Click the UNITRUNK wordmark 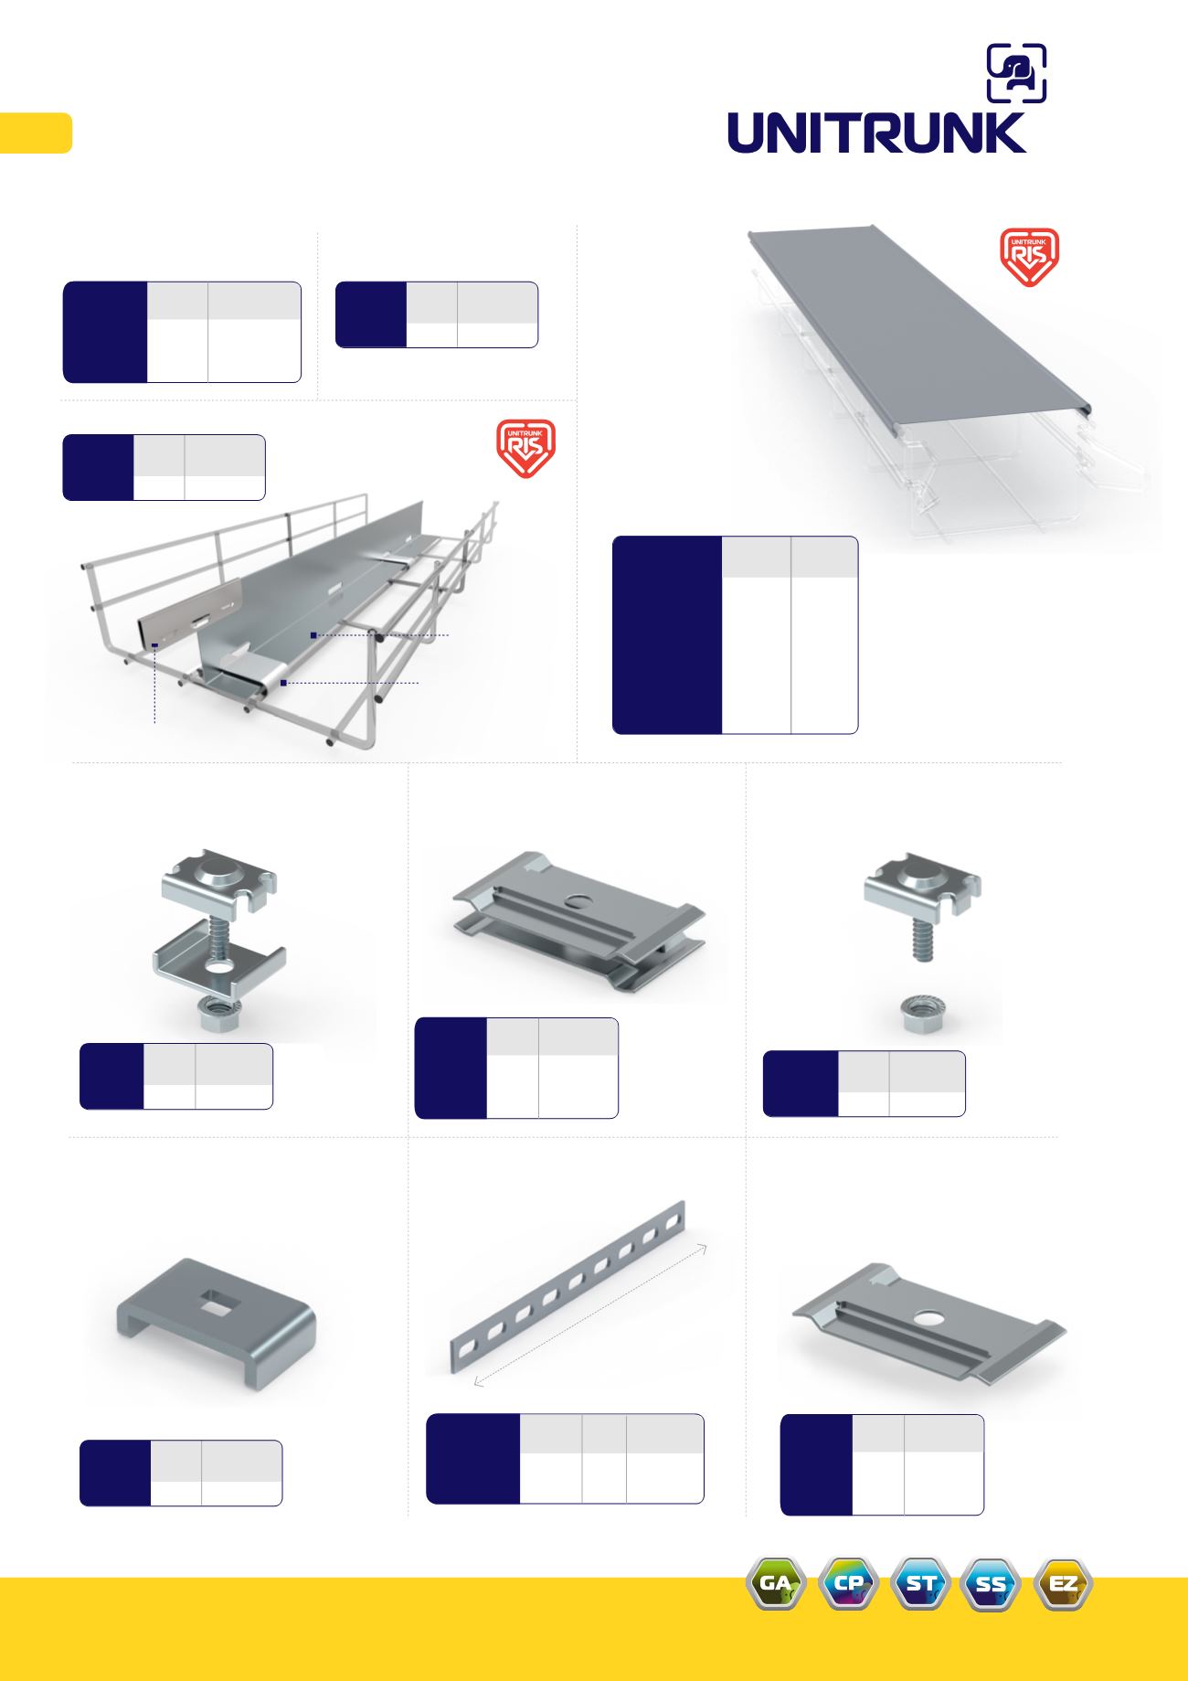876,133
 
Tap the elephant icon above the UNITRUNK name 1016,73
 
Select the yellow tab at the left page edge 36,133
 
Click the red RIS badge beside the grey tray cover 1030,257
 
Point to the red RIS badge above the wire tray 525,448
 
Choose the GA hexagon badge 776,1583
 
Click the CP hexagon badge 849,1583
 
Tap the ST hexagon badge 920,1583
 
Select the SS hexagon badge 991,1583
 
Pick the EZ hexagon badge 1063,1583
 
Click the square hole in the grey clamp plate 217,1298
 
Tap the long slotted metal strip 567,1287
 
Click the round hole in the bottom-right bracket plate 930,1319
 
